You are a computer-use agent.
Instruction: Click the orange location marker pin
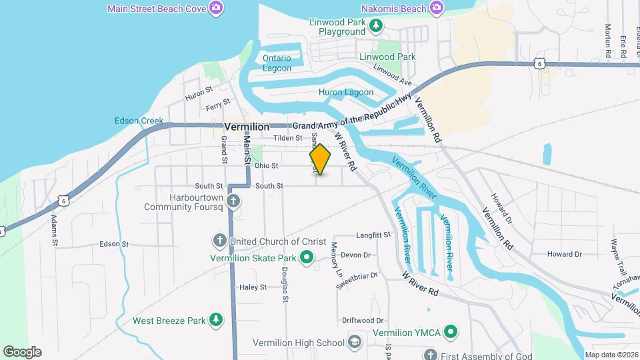[320, 159]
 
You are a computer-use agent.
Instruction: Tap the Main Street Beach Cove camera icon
[215, 8]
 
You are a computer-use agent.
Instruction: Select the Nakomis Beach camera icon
[436, 8]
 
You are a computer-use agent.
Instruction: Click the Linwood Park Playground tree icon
[377, 25]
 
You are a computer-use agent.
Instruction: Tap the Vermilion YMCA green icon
[451, 331]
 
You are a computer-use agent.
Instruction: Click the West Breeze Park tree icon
[216, 320]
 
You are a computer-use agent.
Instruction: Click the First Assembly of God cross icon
[431, 355]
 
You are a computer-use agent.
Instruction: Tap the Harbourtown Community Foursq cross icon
[233, 200]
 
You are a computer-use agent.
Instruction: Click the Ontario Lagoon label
[277, 63]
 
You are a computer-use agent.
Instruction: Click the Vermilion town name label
[247, 126]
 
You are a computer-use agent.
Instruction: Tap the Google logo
[22, 352]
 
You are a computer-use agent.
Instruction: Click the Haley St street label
[253, 287]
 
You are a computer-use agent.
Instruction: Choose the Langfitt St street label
[373, 235]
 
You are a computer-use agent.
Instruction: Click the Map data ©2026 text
[611, 355]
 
